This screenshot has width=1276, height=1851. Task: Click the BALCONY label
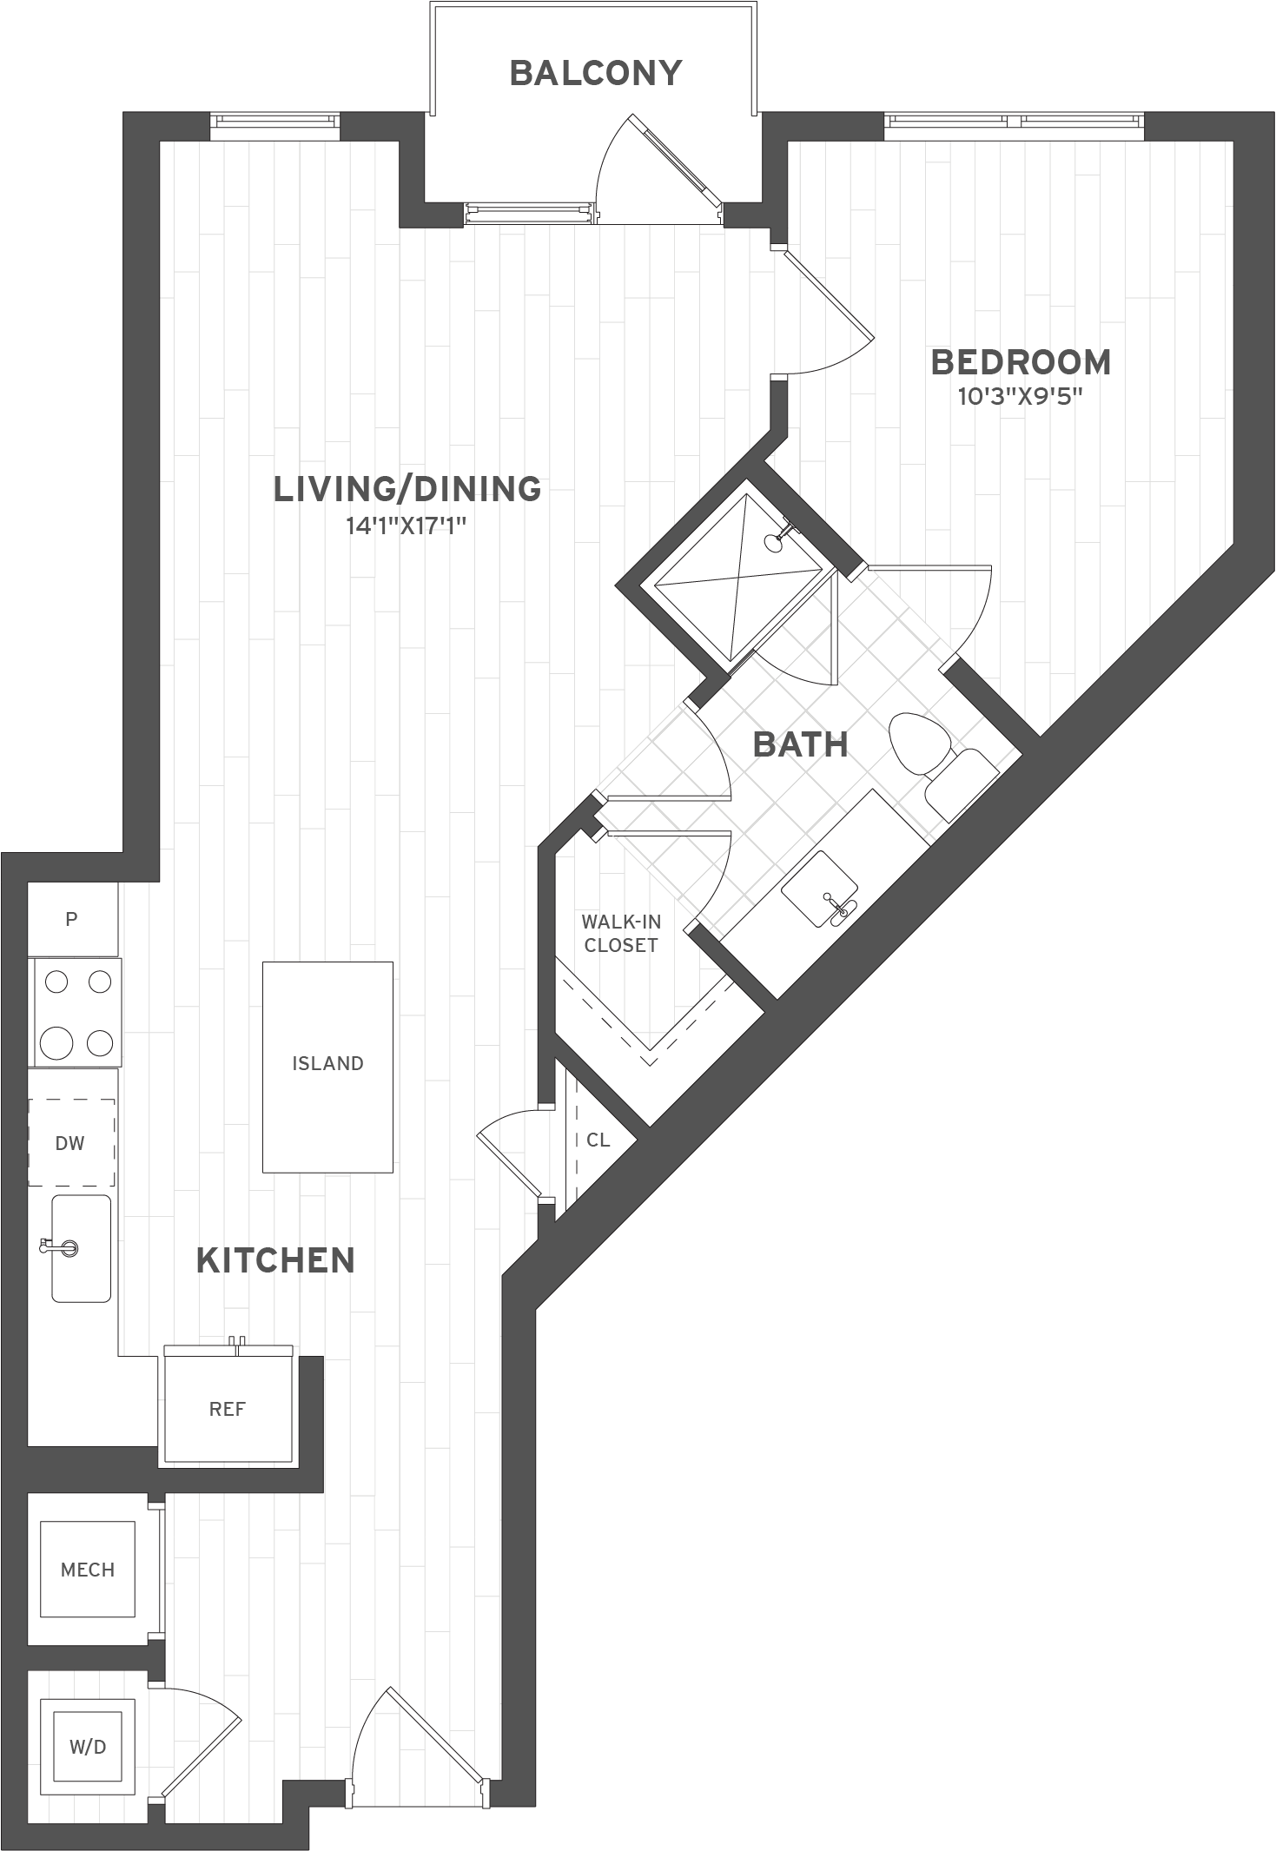pos(596,73)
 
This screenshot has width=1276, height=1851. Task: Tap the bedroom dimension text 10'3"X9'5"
pos(1020,397)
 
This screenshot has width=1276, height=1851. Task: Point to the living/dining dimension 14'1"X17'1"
pos(407,526)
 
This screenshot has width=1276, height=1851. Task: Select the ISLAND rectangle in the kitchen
pos(327,1066)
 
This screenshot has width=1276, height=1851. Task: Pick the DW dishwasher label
pos(69,1143)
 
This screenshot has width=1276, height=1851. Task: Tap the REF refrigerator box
pos(228,1409)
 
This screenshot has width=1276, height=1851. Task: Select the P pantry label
pos(72,918)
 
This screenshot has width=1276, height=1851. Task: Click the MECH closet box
pos(87,1570)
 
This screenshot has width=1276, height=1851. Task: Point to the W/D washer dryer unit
pos(87,1747)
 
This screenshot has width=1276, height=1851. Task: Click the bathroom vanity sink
pos(821,889)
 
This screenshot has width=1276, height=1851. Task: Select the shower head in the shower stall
pos(772,542)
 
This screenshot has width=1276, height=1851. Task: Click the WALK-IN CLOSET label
pos(621,933)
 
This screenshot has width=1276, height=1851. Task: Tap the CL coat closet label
pos(598,1140)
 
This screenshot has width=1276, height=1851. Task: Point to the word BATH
pos(800,744)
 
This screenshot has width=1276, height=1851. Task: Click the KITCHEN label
pos(275,1260)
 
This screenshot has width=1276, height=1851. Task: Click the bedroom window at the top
pos(1014,126)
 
